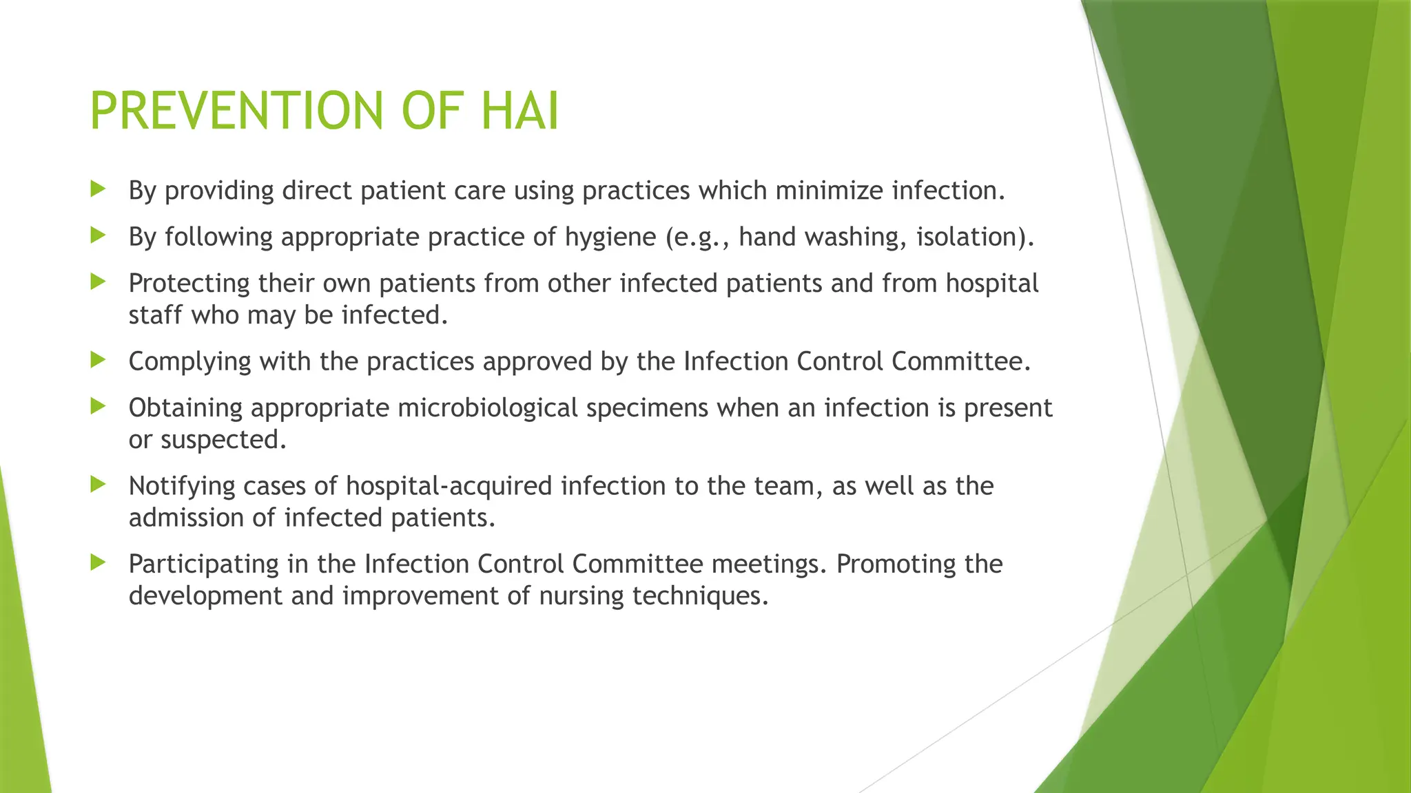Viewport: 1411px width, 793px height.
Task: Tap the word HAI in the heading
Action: [x=519, y=111]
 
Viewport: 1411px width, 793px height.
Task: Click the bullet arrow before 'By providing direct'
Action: [x=98, y=189]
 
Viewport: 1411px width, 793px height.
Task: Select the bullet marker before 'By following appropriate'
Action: [x=98, y=235]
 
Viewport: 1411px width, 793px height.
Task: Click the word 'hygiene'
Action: [x=610, y=237]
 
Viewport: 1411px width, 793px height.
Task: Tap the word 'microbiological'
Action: [x=487, y=408]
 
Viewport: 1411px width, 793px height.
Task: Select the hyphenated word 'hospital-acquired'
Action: [x=449, y=486]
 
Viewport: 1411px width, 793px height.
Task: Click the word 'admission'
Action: [x=185, y=518]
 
